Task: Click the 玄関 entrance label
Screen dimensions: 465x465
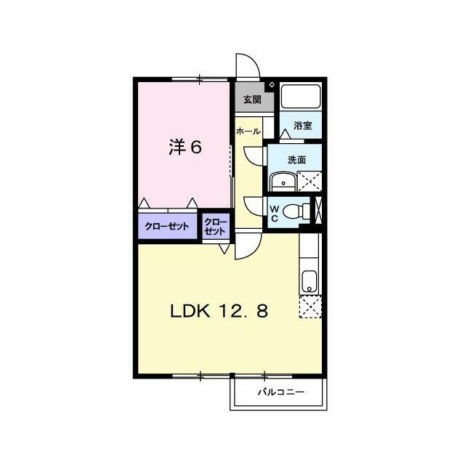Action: coord(252,100)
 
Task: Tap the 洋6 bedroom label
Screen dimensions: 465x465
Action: coord(186,147)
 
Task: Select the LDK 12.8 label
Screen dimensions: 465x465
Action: coord(219,312)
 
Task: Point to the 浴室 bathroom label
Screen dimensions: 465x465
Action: coord(303,126)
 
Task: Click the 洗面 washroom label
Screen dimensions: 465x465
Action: coord(297,160)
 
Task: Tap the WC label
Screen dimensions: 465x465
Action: coord(275,214)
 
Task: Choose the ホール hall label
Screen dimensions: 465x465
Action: coord(248,132)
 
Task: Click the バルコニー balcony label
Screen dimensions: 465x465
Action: coord(281,392)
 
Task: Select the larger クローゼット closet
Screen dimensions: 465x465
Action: coord(167,226)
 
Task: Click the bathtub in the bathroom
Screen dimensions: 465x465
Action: coord(301,97)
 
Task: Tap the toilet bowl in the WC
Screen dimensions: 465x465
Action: coord(295,212)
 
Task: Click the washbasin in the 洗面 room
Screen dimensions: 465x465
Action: coord(283,182)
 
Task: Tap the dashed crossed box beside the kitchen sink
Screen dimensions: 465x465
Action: coord(310,307)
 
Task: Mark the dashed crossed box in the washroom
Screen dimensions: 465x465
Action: coord(310,181)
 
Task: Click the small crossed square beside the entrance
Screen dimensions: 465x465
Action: coord(272,85)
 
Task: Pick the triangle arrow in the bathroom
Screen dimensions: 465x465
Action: coord(286,134)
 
